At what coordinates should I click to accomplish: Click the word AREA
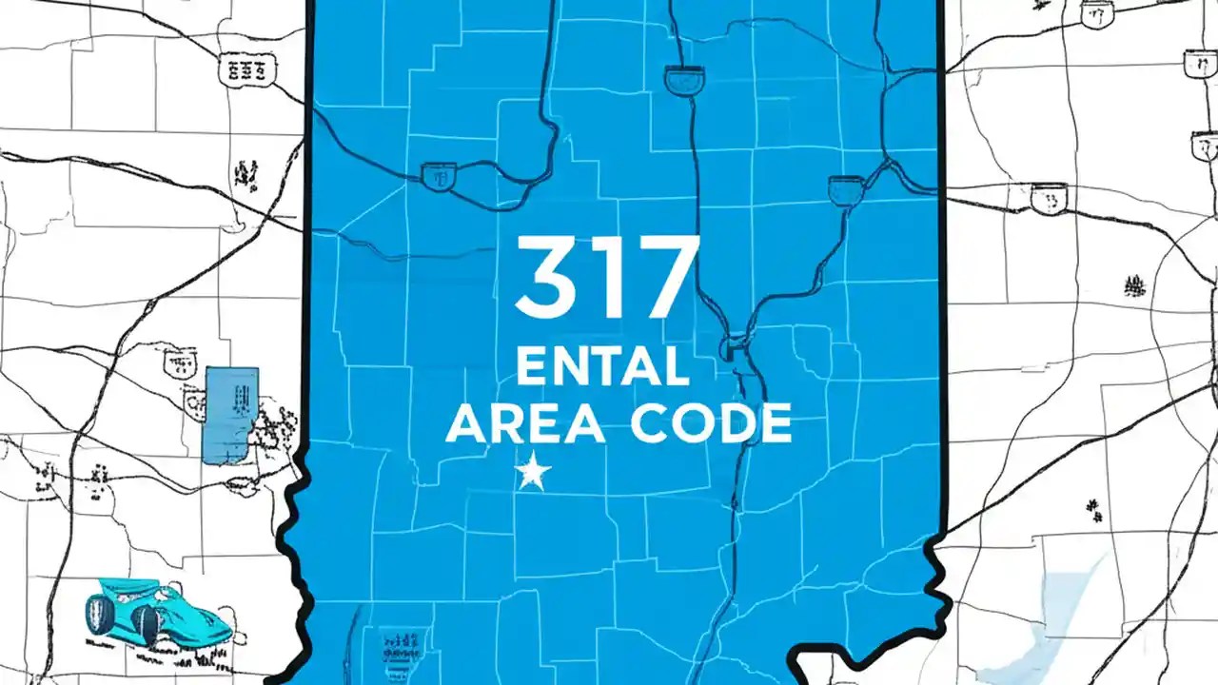tap(524, 423)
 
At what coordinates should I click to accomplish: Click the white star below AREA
tap(533, 472)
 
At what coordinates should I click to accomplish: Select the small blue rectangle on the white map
tap(230, 416)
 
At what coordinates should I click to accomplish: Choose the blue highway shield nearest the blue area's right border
tap(845, 188)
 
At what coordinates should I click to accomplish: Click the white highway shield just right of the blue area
tap(1048, 198)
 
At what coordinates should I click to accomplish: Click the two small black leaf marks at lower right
tap(1094, 511)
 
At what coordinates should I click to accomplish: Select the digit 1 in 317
tap(605, 277)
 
